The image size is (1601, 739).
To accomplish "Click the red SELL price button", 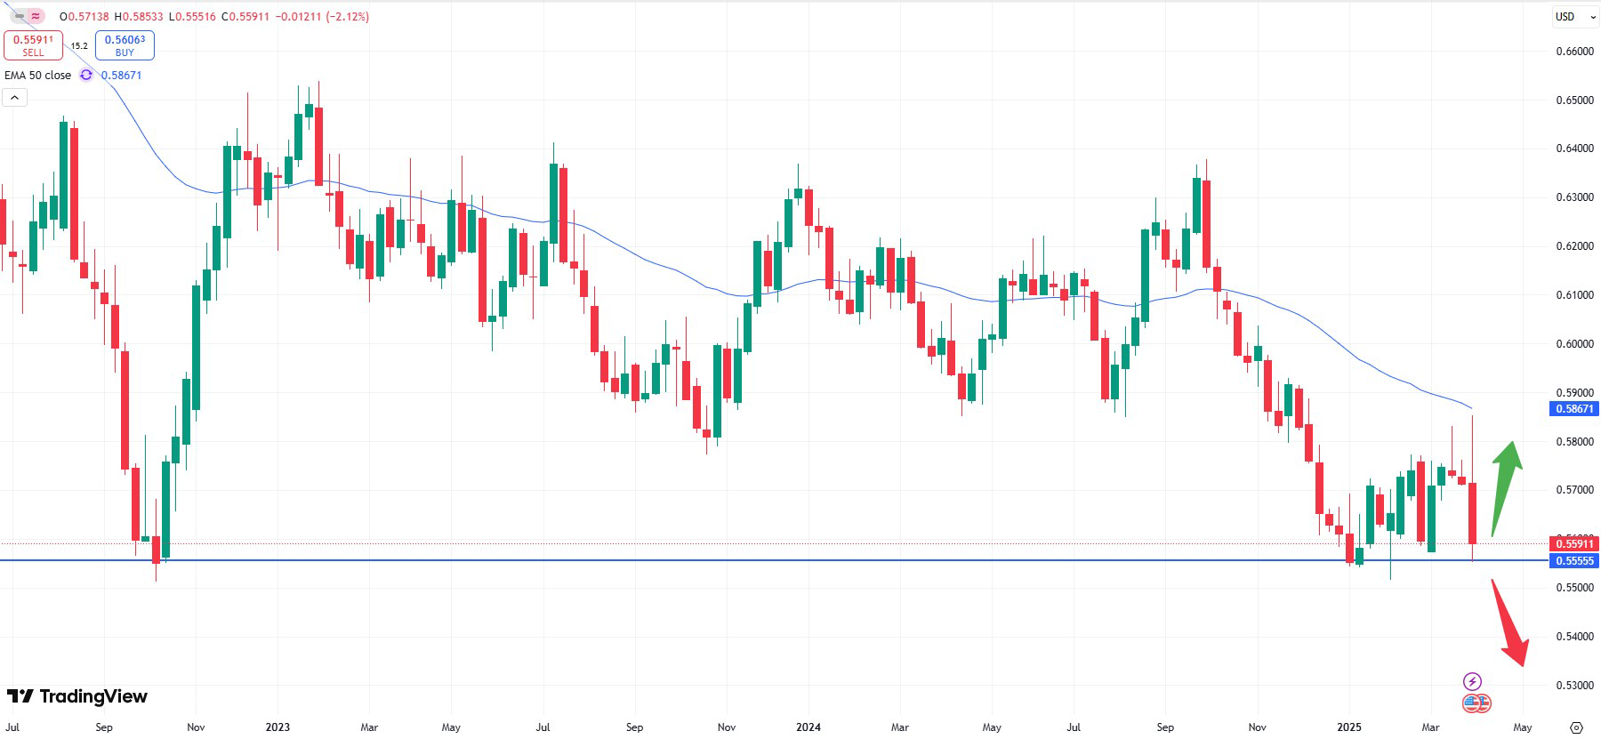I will click(33, 45).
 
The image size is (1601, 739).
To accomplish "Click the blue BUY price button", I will click(125, 45).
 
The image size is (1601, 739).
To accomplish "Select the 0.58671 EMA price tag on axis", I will click(1573, 409).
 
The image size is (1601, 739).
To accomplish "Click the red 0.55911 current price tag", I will click(1573, 543).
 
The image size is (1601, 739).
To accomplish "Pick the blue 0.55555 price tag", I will click(1573, 560).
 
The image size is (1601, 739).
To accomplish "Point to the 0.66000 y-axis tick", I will click(1574, 52).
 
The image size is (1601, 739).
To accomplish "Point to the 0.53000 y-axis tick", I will click(1574, 686).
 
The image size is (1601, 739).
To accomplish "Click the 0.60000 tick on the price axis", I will click(1574, 344).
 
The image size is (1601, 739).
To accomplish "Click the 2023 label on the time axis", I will click(278, 727).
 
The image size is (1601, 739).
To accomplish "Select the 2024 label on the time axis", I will click(808, 727).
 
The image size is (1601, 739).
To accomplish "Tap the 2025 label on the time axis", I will click(1348, 727).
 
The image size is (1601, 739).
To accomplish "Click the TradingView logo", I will click(77, 696).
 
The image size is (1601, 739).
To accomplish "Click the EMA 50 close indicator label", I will click(38, 76).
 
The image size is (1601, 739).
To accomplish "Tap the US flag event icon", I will click(1476, 703).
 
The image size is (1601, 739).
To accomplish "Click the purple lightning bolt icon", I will click(1472, 682).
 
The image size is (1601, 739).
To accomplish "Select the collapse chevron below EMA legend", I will click(15, 97).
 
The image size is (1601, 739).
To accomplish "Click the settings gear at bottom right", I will click(1576, 727).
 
